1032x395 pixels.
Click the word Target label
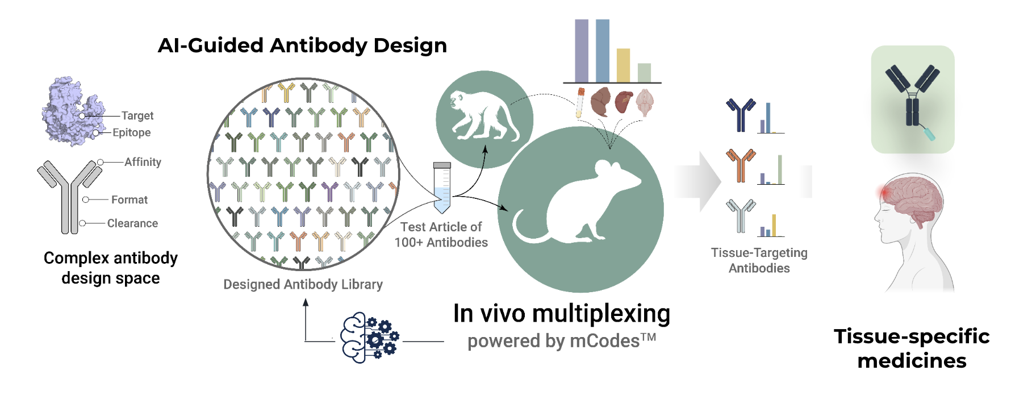(137, 116)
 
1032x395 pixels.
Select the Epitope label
(131, 132)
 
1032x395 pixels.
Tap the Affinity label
(143, 162)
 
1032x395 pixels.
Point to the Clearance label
(132, 223)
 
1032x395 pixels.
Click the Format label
(129, 199)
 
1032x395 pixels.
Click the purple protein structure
(71, 111)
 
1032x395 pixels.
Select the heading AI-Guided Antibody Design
(302, 45)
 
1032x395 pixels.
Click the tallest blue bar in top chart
(602, 51)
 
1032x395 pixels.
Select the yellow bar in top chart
(623, 65)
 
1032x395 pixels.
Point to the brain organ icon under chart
(645, 102)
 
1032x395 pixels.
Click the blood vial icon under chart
(580, 102)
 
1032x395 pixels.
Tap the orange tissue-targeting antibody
(741, 164)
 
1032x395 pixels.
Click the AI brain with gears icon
(369, 338)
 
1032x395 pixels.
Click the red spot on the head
(884, 193)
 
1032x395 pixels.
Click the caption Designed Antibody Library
(303, 284)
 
